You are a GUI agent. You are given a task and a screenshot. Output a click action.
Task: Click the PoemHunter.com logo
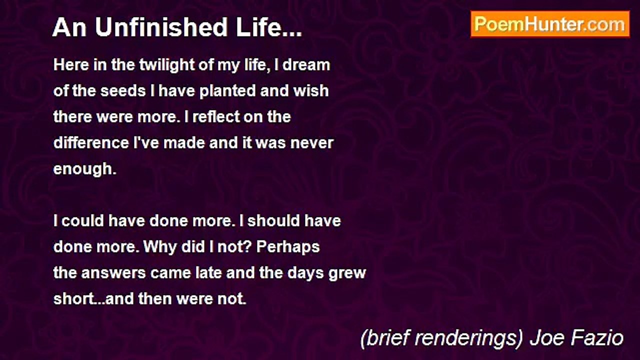pos(550,24)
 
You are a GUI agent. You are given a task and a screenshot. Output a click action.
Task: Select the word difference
pos(90,143)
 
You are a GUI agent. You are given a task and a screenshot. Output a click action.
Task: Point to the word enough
pos(83,169)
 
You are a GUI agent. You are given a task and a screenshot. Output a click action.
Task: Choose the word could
pos(82,221)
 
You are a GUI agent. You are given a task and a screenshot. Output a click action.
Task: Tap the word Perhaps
pos(288,247)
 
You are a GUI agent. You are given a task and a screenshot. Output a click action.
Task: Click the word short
pos(72,299)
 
